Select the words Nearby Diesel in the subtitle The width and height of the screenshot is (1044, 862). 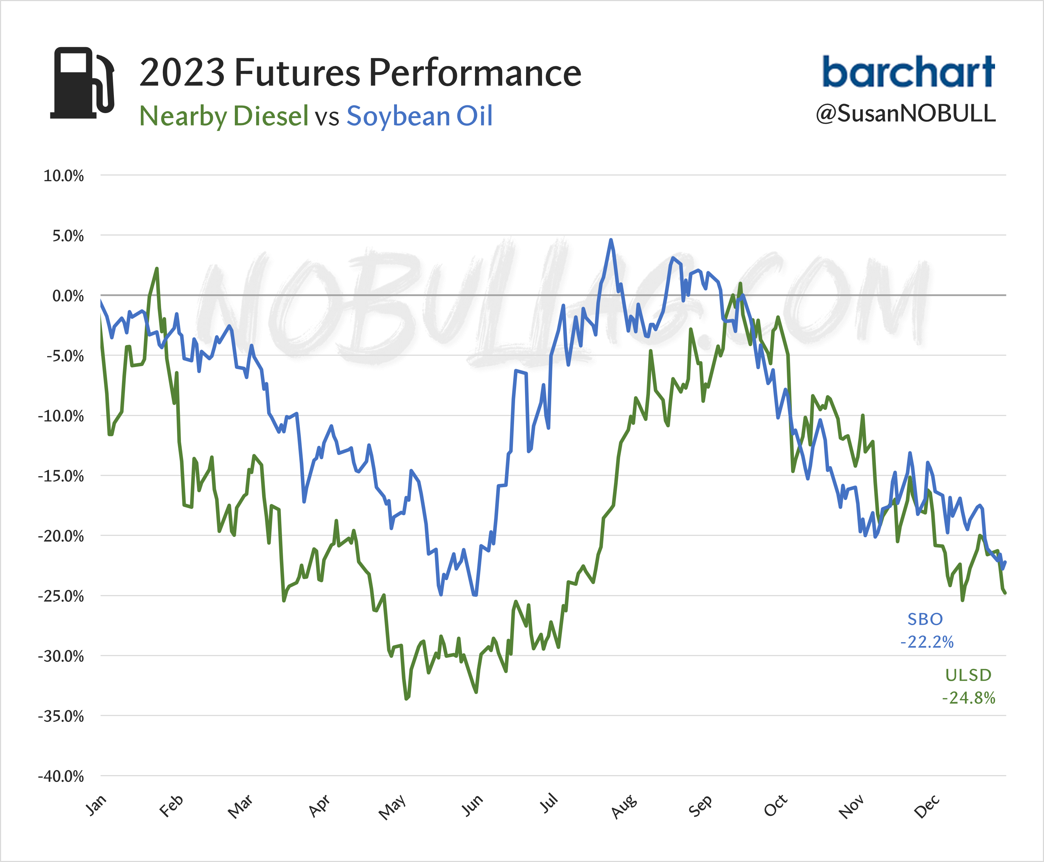coord(224,116)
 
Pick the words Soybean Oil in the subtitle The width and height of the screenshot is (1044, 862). coord(419,116)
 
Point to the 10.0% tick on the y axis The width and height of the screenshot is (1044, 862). coord(63,176)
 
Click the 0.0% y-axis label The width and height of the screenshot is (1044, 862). coord(68,296)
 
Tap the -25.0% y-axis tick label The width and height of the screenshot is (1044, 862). coord(61,596)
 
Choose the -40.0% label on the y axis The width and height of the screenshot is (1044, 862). coord(61,776)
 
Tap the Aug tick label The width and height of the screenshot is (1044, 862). coord(624,806)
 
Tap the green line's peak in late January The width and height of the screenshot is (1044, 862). coord(157,269)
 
